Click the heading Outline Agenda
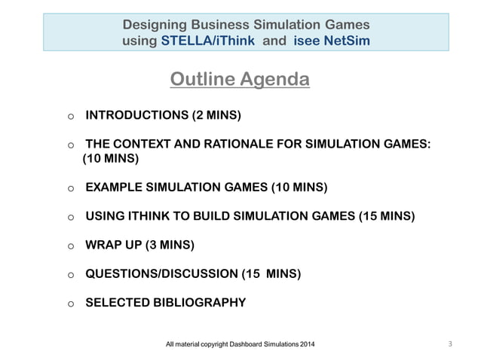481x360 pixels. click(240, 79)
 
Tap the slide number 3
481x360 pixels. click(449, 345)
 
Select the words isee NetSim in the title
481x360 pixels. click(335, 41)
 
